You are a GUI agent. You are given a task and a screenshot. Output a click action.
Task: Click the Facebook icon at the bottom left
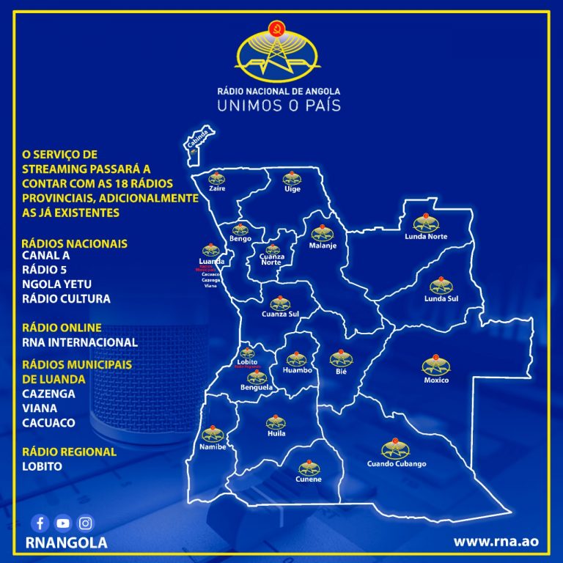pos(40,523)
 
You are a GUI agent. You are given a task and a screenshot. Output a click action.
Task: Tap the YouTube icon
pos(63,523)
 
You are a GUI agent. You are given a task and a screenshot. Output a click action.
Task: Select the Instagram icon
pos(86,523)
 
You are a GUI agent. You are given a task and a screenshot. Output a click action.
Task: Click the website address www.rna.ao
pos(496,542)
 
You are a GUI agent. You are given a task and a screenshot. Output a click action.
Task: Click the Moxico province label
pos(436,380)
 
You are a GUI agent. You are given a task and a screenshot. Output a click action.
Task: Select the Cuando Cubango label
pos(397,464)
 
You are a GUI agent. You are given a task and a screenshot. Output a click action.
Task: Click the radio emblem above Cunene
pos(309,467)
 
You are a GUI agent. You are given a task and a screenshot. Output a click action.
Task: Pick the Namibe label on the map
pos(213,446)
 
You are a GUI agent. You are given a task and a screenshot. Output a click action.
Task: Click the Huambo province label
pos(297,370)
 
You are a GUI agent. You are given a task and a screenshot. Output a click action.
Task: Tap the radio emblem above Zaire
pos(217,177)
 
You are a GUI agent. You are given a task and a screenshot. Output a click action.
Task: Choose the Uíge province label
pos(292,188)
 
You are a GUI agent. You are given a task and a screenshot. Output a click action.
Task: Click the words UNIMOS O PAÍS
pos(279,106)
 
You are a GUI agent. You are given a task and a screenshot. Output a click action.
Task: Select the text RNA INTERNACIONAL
pos(80,342)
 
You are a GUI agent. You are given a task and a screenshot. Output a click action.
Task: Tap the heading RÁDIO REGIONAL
pos(70,452)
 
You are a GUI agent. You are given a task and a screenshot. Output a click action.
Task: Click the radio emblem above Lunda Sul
pos(441,285)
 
